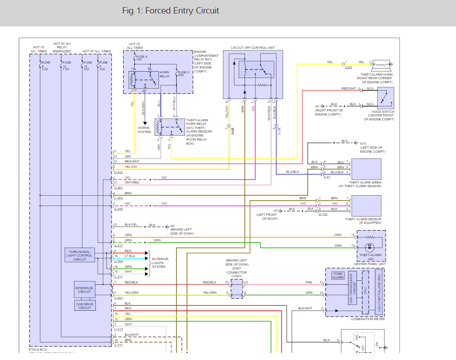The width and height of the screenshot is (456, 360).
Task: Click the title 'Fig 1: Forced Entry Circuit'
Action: tap(171, 11)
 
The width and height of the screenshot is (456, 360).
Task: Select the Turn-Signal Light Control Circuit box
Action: tap(80, 256)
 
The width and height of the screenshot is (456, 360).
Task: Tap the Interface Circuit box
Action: tap(85, 290)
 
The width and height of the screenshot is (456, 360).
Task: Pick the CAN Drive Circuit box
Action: tap(85, 305)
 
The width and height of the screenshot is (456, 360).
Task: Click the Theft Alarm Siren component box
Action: tap(366, 169)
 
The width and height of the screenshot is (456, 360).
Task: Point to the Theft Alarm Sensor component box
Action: tap(366, 206)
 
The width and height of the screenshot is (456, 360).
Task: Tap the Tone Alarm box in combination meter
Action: tap(338, 275)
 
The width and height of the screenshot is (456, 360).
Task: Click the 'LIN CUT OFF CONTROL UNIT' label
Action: tap(253, 47)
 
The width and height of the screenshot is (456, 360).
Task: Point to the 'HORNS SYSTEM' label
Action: tap(144, 130)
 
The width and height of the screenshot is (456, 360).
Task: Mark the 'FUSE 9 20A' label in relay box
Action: tap(184, 74)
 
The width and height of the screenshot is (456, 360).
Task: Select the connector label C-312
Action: tap(118, 172)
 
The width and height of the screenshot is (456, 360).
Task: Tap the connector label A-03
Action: tap(348, 67)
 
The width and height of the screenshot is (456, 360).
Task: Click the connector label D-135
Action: tap(323, 214)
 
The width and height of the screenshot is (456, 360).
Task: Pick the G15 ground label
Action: tap(363, 143)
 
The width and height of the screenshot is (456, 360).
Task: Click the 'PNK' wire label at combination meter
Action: tap(309, 283)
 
